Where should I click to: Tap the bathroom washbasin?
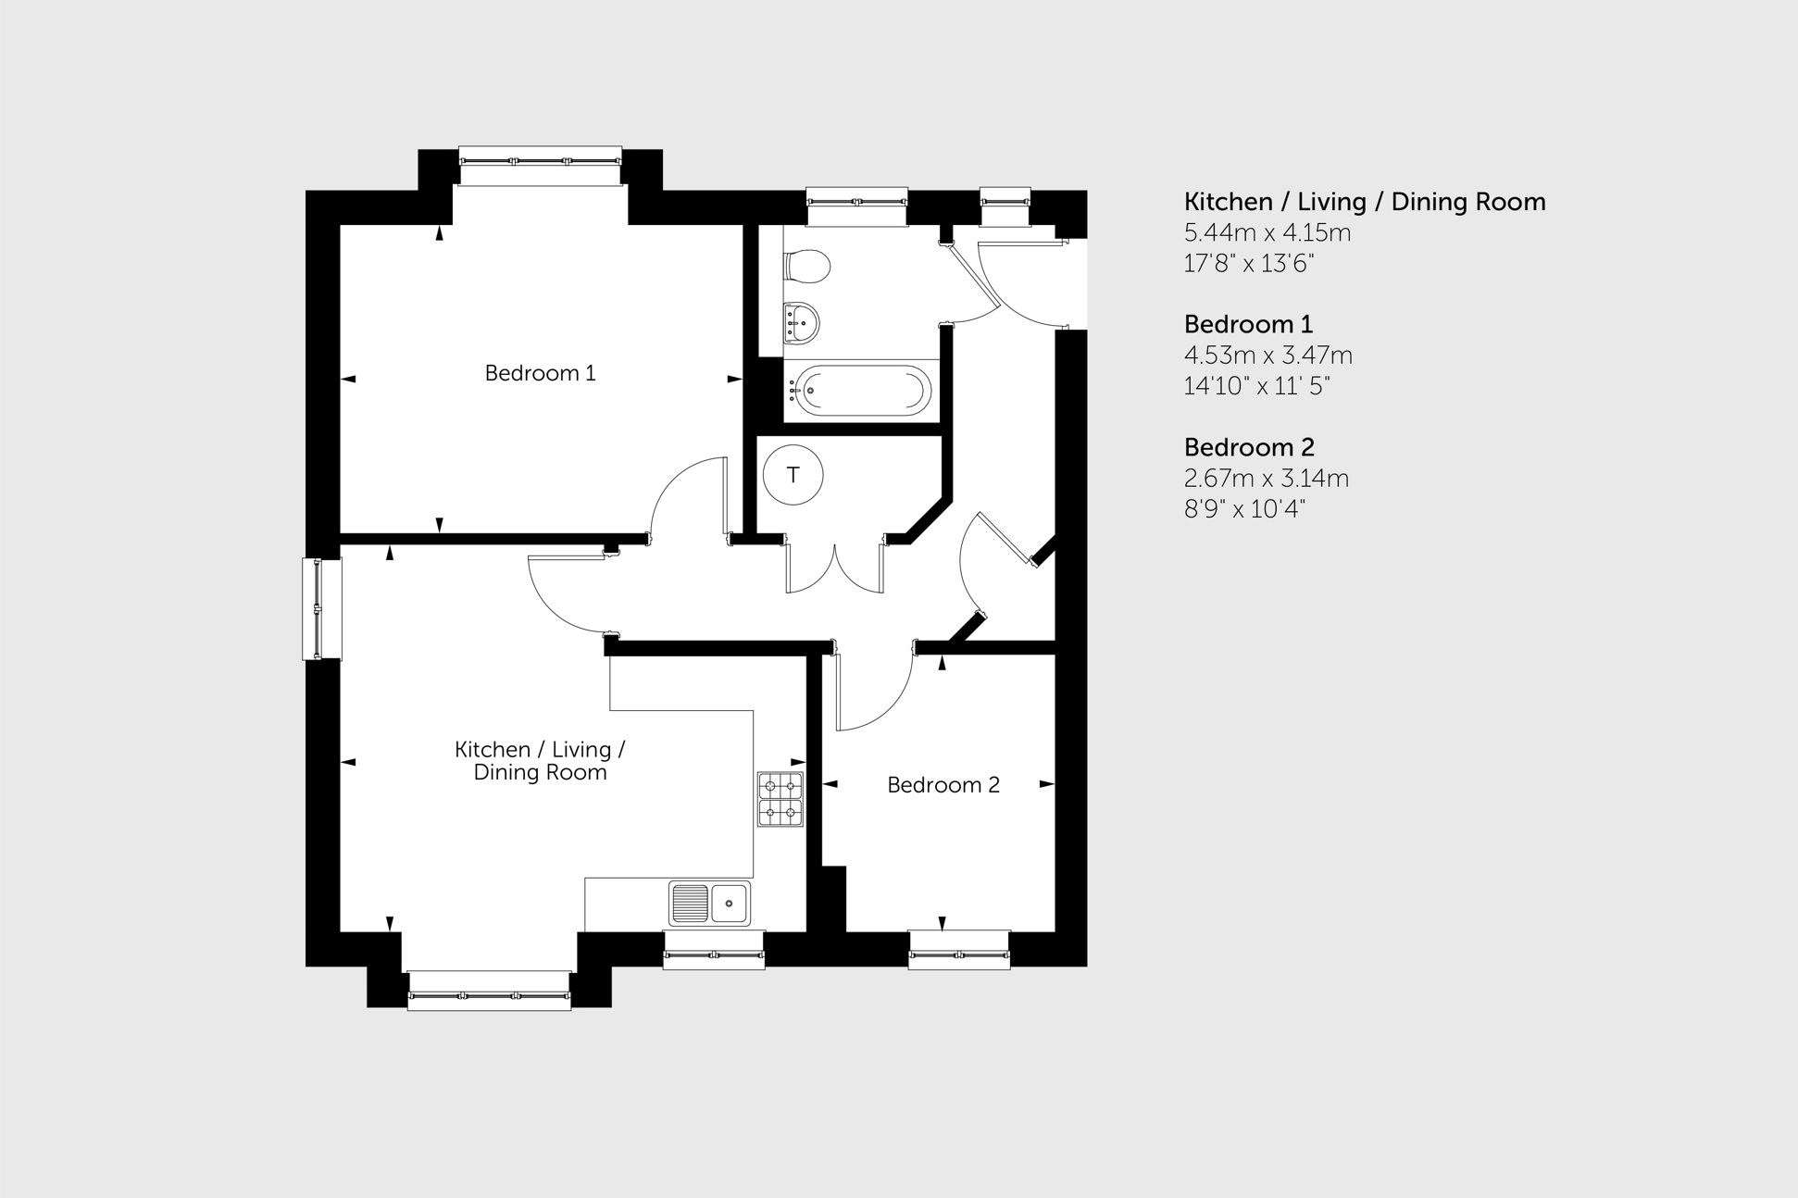coord(801,323)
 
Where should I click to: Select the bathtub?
coord(860,391)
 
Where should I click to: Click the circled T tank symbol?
coord(793,475)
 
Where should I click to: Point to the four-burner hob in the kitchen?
coord(780,799)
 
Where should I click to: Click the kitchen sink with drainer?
coord(710,904)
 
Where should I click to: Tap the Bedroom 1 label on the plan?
coord(540,373)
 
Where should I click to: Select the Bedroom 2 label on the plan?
coord(943,785)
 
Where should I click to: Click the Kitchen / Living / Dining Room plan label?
coord(540,760)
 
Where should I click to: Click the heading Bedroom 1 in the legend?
coord(1248,324)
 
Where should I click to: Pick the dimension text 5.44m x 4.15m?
coord(1267,232)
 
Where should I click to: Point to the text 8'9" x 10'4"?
coord(1244,509)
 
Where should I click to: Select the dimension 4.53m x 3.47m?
coord(1267,356)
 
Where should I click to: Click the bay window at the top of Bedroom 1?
coord(541,165)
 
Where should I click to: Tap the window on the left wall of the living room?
coord(321,608)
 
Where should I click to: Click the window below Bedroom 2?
coord(958,951)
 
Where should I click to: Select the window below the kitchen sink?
coord(714,951)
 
